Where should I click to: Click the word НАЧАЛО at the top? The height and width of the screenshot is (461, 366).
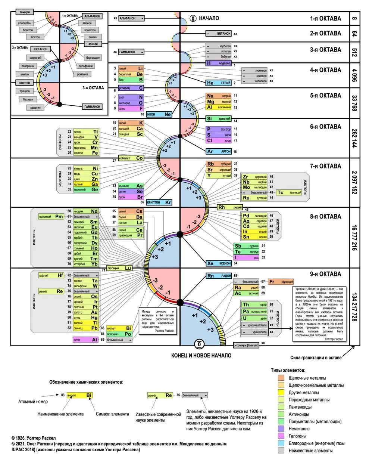click(209, 18)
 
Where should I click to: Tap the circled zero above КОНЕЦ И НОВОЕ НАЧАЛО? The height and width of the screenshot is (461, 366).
click(200, 344)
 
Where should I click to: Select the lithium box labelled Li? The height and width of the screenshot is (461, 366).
click(131, 69)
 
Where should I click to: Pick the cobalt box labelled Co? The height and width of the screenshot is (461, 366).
click(131, 158)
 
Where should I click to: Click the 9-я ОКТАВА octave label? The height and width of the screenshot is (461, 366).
click(325, 274)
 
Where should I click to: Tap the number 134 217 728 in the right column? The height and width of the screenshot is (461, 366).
click(354, 307)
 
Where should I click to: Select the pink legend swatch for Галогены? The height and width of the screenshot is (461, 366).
click(281, 436)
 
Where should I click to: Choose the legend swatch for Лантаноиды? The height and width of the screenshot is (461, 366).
click(281, 407)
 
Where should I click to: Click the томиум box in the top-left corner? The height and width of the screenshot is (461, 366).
click(25, 12)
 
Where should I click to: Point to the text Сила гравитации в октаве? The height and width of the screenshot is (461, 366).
click(316, 358)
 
